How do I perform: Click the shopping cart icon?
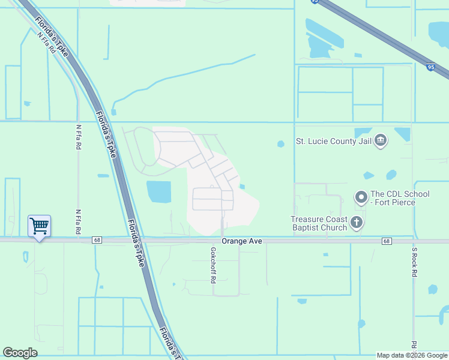pos(39,226)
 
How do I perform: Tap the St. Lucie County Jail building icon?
pos(380,141)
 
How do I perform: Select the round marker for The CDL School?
pos(361,197)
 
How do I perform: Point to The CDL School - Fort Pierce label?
pos(400,199)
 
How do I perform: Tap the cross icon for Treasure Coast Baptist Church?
pos(357,223)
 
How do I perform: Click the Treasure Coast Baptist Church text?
pos(319,223)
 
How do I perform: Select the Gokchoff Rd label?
pos(212,263)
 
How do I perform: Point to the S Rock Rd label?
pos(414,262)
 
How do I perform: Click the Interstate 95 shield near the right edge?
pos(431,68)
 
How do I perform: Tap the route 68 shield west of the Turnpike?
pos(96,240)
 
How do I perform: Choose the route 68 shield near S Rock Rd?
pos(386,241)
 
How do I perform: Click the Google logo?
pos(20,353)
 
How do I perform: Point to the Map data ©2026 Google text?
pos(412,355)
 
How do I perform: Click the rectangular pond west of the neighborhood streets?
pos(158,191)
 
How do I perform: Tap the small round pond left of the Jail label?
pos(280,143)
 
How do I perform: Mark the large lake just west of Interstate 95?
pos(324,34)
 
